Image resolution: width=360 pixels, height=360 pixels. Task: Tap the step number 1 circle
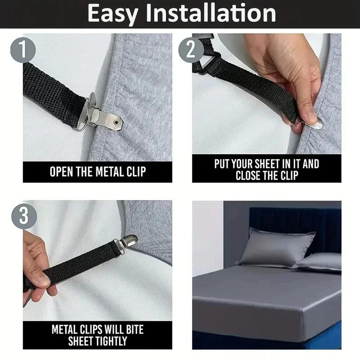23,49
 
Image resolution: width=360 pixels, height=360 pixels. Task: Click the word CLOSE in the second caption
250,175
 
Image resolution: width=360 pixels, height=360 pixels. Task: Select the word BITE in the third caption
132,329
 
